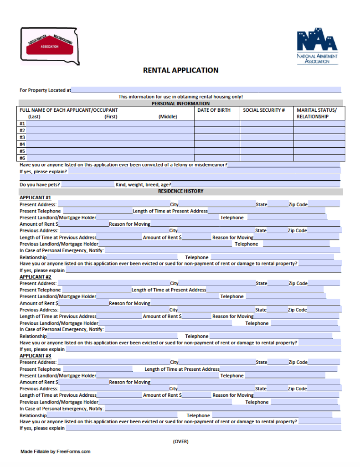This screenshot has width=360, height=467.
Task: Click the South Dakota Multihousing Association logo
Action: tap(49, 46)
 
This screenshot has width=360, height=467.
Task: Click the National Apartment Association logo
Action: tap(317, 47)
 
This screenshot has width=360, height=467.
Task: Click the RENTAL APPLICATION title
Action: tap(180, 70)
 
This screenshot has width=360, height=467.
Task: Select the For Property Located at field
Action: tap(206, 90)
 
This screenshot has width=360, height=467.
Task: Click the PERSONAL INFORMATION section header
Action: tap(180, 104)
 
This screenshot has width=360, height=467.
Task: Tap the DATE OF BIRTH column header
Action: tap(214, 110)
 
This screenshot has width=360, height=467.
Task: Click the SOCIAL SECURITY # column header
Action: tap(264, 110)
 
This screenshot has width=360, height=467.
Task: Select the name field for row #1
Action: tap(109, 124)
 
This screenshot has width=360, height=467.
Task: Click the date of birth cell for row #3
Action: tap(217, 137)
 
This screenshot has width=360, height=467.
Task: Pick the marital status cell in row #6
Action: tap(319, 158)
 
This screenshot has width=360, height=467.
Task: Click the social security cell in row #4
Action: tap(267, 144)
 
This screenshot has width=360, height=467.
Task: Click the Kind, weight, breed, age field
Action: tap(255, 185)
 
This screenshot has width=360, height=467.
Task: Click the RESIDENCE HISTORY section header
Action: tap(180, 191)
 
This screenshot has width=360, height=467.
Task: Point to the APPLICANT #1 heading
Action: tap(35, 198)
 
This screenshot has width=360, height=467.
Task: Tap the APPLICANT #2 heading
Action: tap(35, 277)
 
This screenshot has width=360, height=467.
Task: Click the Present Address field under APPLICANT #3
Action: tap(113, 362)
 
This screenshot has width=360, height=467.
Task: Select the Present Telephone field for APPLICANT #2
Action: tap(96, 290)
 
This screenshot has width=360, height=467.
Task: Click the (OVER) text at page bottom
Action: tap(180, 441)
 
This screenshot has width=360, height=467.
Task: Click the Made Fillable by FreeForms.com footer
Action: tap(55, 451)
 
